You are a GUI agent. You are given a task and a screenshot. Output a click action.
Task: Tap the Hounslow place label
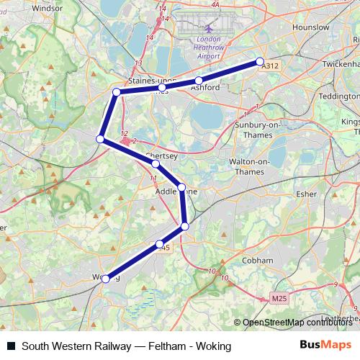click(312, 27)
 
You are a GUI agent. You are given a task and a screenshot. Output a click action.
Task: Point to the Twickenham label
click(338, 64)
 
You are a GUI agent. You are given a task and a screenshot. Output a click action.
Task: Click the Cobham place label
click(258, 260)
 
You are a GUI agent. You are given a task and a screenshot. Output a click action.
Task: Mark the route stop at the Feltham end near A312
click(260, 62)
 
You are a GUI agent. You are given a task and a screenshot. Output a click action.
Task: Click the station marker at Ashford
click(199, 81)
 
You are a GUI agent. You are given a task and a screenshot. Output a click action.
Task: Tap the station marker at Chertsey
click(156, 164)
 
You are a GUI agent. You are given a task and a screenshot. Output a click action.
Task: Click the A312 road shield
click(270, 66)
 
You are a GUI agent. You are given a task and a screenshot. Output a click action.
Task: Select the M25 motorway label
click(279, 298)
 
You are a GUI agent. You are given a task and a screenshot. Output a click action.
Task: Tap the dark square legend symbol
click(11, 346)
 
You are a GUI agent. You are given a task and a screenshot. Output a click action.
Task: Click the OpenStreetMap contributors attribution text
click(296, 323)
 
